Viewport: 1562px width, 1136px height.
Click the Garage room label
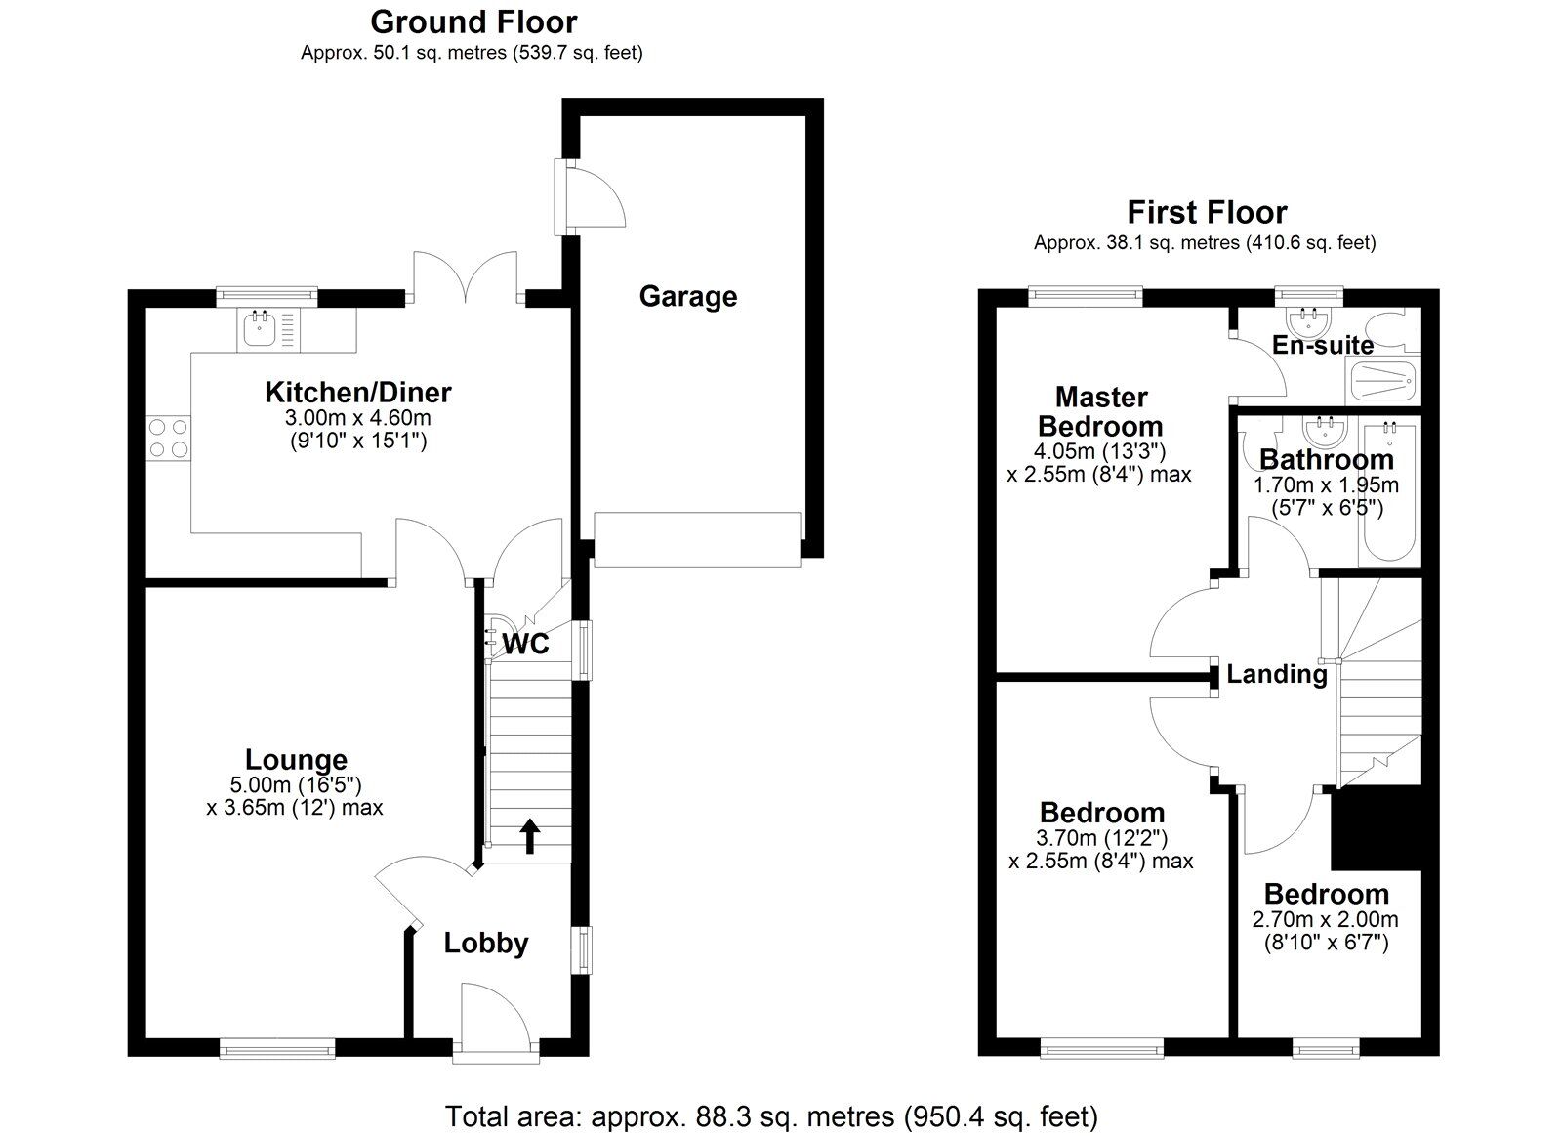coord(687,296)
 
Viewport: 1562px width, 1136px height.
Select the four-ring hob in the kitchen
coord(168,438)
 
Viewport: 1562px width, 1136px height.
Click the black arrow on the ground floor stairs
coord(529,836)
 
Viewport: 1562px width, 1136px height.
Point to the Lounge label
coord(296,759)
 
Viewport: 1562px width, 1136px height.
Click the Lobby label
coord(485,943)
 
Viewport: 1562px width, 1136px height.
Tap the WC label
coord(526,644)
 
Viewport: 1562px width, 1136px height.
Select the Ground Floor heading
coord(473,21)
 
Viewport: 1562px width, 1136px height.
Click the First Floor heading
coord(1207,212)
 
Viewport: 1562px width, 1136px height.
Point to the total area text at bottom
coord(771,1115)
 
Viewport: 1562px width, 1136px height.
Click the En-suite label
coord(1322,345)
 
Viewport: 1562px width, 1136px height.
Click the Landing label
coord(1276,674)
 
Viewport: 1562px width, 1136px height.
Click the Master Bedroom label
coord(1100,411)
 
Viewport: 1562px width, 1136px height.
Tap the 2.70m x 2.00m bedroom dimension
coord(1325,919)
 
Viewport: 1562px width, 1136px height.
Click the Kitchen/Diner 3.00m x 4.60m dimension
coord(357,418)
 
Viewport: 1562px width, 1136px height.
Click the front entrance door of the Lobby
coord(496,1016)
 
